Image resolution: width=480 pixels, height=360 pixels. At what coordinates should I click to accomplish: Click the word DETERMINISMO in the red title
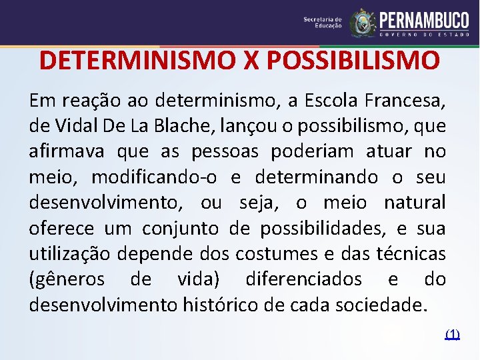click(x=136, y=61)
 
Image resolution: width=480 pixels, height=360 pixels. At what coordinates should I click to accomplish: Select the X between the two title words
click(x=250, y=61)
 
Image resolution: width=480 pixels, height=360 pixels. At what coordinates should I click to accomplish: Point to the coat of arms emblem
click(x=363, y=23)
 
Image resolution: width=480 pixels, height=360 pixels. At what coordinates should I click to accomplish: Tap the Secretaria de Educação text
click(x=323, y=23)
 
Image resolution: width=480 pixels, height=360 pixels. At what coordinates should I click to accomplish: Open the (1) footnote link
click(x=452, y=333)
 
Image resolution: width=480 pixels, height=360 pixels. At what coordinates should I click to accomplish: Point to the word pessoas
click(x=227, y=152)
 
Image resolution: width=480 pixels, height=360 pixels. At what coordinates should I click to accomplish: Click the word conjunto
click(x=180, y=229)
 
